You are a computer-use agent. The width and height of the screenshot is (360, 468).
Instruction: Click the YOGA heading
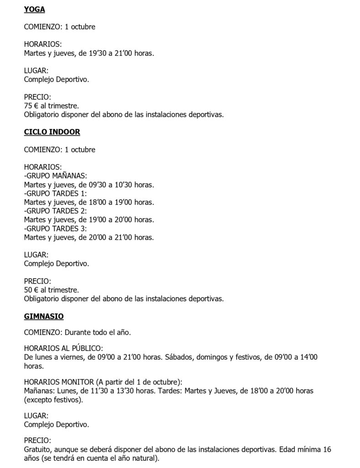(34, 9)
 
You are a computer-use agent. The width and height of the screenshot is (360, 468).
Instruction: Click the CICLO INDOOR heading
(52, 132)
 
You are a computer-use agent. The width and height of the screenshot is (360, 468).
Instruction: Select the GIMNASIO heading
(43, 316)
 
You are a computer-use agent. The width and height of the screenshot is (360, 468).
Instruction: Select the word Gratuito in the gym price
(38, 450)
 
